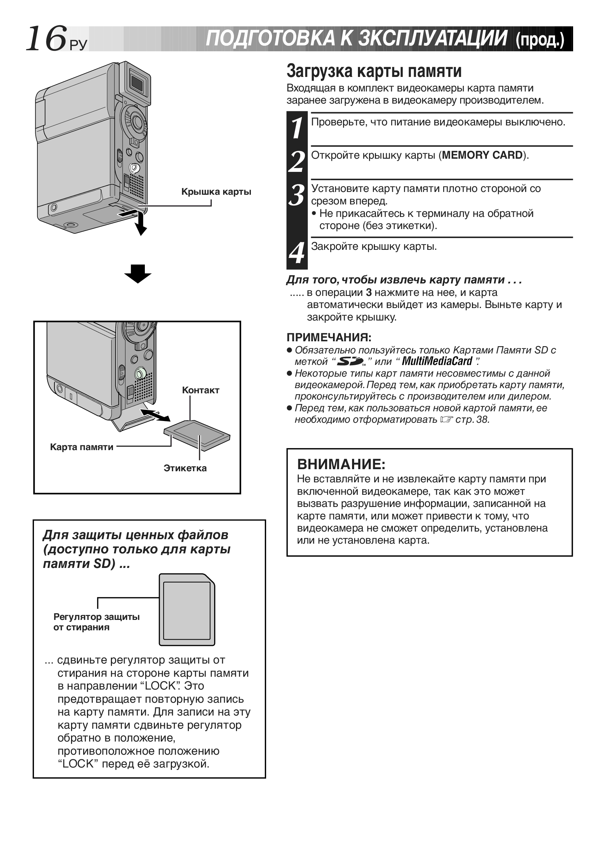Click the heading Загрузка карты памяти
pos(374,71)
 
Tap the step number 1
pos(297,128)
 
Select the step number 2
pos(297,161)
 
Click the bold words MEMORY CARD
pos(482,155)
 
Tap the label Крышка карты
pos(216,192)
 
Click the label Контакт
pos(201,390)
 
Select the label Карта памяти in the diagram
pos(81,447)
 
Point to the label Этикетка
pos(185,468)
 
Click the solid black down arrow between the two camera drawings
pos(138,274)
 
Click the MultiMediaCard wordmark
pos(437,361)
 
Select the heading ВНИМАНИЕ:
pos(341,464)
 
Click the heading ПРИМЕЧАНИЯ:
pos(329,338)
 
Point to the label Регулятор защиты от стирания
pos(97,622)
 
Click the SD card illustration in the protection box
pos(187,610)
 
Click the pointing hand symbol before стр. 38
pos(446,420)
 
